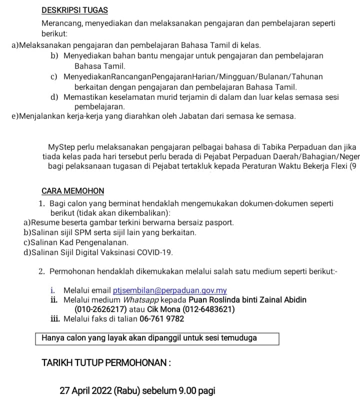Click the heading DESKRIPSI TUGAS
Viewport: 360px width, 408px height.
pyautogui.click(x=74, y=10)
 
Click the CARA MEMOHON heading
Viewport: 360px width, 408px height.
pyautogui.click(x=73, y=191)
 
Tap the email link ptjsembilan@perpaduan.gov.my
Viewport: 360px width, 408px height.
pyautogui.click(x=170, y=291)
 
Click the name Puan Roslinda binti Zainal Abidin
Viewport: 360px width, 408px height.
pyautogui.click(x=247, y=300)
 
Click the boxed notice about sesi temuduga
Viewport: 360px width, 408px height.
pyautogui.click(x=156, y=338)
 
